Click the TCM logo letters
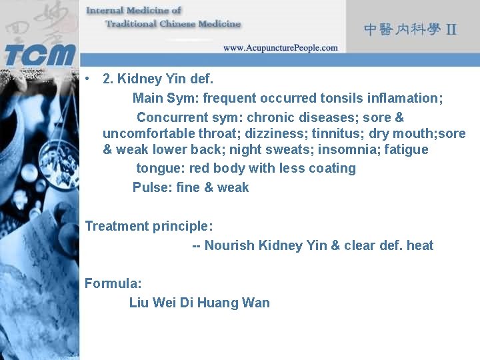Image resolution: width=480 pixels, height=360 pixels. (x=40, y=53)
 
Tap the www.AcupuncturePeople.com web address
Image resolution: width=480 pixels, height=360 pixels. (x=280, y=48)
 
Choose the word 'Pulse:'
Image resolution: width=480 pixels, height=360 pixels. (x=153, y=187)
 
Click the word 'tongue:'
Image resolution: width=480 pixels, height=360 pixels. (x=161, y=168)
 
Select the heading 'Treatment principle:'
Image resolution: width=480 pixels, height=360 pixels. (x=149, y=226)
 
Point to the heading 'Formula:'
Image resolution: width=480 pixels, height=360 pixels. (x=113, y=283)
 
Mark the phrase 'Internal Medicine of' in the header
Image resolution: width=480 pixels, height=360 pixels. (x=134, y=11)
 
